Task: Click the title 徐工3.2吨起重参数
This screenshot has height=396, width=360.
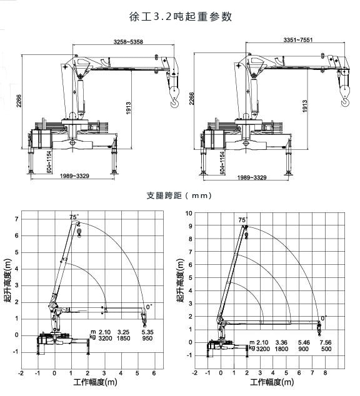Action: click(x=180, y=16)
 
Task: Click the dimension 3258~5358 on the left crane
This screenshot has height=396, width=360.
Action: click(x=129, y=42)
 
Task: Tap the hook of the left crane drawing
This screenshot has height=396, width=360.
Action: click(x=174, y=93)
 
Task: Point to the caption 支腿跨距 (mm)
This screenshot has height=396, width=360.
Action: click(x=180, y=195)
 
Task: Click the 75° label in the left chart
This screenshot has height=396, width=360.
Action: click(x=75, y=217)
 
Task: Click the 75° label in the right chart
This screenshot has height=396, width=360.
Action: click(x=242, y=220)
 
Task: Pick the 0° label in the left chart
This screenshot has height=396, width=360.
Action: click(x=149, y=306)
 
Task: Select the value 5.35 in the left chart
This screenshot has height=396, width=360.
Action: click(x=147, y=332)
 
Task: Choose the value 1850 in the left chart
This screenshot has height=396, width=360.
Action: click(x=123, y=339)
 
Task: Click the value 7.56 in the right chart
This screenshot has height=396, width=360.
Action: click(x=326, y=342)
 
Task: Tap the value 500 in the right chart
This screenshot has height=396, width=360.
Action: click(x=326, y=349)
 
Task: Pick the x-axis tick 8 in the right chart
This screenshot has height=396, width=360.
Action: click(x=326, y=373)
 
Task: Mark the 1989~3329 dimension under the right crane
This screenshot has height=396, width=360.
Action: click(x=252, y=177)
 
